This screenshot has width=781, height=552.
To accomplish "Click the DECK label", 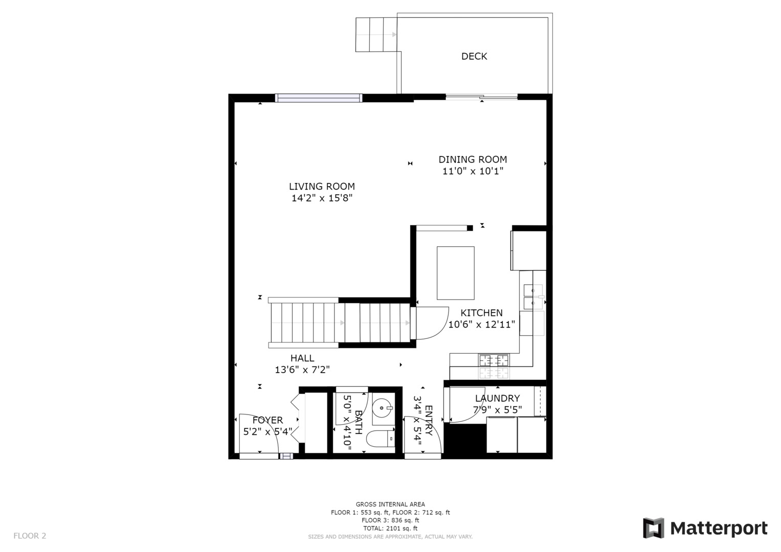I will tap(474, 56).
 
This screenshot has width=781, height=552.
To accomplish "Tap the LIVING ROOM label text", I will tap(322, 187).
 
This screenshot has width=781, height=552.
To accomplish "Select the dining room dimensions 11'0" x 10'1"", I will tap(473, 171).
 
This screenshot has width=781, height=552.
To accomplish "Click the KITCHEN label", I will tap(481, 313).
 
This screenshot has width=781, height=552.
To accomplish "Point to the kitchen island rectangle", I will tap(455, 273).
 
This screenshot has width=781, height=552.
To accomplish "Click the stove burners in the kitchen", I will tap(494, 360).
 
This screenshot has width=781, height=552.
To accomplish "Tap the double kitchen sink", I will tap(533, 297).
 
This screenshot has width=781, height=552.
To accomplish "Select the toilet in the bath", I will tap(381, 439).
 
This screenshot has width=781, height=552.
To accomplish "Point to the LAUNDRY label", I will tap(497, 398).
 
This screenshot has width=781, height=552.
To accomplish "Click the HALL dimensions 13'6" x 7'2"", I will tap(302, 370).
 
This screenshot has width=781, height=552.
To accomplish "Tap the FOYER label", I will tap(267, 420).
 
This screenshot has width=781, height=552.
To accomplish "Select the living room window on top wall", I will tap(319, 98).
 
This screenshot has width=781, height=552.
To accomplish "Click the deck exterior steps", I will tap(376, 35).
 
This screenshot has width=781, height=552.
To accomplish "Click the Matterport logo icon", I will tap(653, 528).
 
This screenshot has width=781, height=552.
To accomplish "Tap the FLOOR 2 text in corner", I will tap(30, 536).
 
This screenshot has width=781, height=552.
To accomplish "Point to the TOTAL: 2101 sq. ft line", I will tap(390, 528).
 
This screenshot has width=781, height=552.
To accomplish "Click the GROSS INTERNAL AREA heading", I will tap(390, 504).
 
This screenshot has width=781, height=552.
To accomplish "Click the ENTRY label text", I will tap(429, 421).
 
